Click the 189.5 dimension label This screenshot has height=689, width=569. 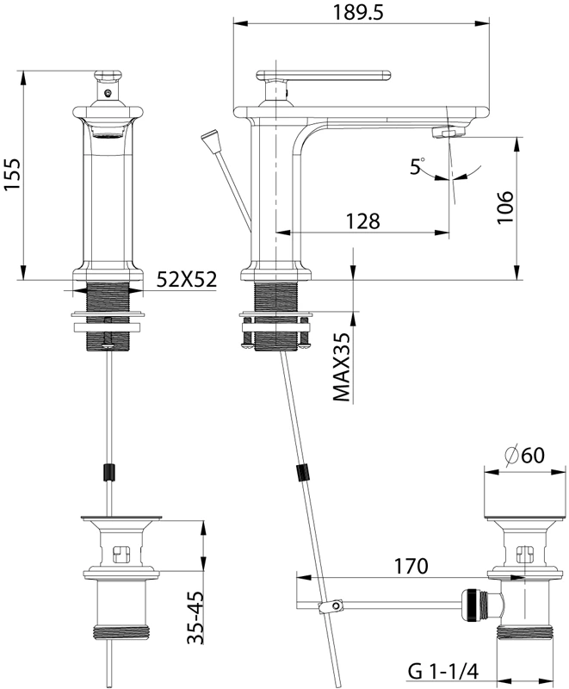pyautogui.click(x=358, y=12)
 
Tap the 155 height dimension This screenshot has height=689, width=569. pyautogui.click(x=12, y=174)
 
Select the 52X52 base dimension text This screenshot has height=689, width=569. pyautogui.click(x=187, y=278)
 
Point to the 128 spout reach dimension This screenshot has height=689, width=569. pyautogui.click(x=363, y=221)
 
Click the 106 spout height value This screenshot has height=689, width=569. pyautogui.click(x=505, y=207)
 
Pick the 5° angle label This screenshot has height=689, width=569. pyautogui.click(x=417, y=166)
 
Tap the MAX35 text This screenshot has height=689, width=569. pyautogui.click(x=342, y=367)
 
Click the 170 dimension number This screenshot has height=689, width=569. pyautogui.click(x=411, y=567)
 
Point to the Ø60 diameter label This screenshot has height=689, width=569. pyautogui.click(x=524, y=455)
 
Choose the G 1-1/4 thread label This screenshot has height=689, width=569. pyautogui.click(x=443, y=672)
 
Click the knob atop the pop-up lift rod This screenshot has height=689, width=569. pyautogui.click(x=209, y=138)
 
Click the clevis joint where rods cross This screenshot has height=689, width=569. pyautogui.click(x=331, y=607)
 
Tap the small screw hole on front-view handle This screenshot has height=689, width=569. pyautogui.click(x=108, y=93)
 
